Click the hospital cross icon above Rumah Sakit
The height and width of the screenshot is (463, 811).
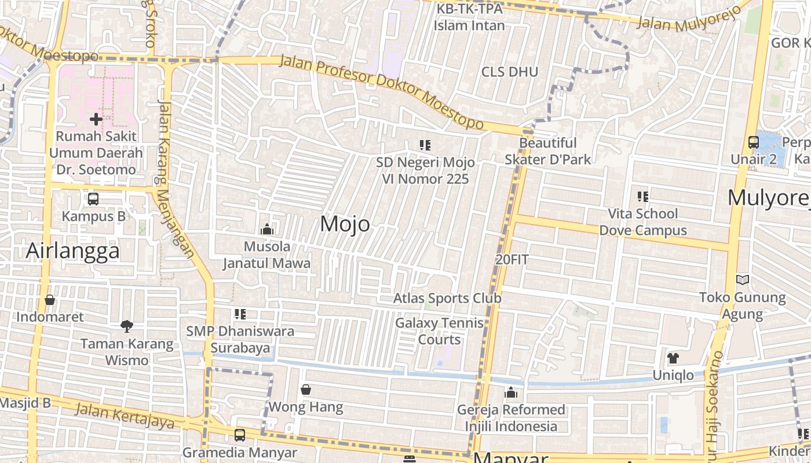pos(96,119)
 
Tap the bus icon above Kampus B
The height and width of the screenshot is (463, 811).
pos(93,199)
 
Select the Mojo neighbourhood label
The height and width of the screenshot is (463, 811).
pos(345,223)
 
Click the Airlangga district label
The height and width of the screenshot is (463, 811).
pos(73,251)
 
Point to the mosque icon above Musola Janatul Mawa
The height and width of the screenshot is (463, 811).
pos(267,230)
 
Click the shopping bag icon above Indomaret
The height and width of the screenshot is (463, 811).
pos(50,300)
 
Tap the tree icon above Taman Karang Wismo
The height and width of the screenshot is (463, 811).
pos(127,326)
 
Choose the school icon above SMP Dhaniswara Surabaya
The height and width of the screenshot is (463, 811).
pos(240,314)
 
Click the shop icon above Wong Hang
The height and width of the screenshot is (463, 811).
pos(306,389)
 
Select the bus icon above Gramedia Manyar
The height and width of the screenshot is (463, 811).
pos(240,435)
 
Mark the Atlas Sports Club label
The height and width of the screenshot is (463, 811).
pos(447,298)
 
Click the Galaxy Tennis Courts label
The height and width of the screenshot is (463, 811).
pos(440,331)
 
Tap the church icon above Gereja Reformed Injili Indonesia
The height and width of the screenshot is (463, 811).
pos(511,393)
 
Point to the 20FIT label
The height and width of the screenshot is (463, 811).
pos(512,260)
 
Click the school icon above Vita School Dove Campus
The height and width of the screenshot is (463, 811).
pos(642,197)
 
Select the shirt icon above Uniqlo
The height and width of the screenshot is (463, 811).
pos(673,358)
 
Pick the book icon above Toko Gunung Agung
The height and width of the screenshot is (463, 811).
pos(743,280)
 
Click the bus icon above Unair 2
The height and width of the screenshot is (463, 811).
pos(754,142)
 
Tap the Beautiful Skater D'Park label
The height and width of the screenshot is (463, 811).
pos(548,151)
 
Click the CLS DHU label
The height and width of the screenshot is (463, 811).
pos(510,72)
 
